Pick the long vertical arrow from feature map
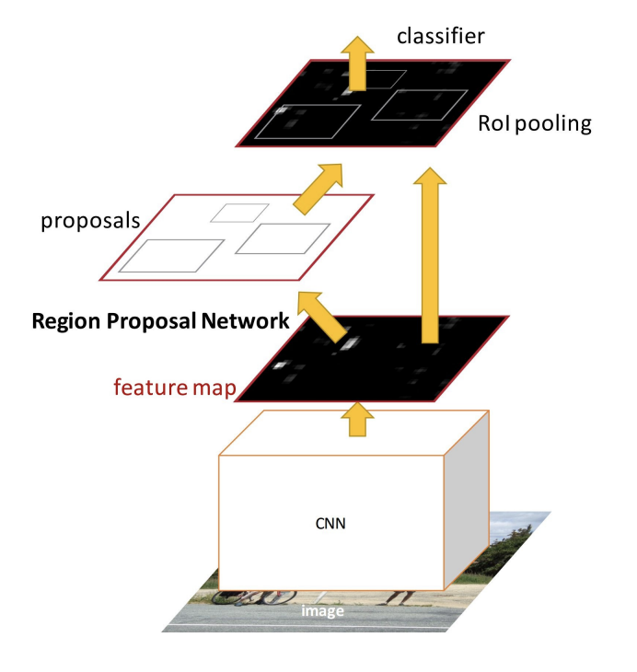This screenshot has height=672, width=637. click(x=426, y=258)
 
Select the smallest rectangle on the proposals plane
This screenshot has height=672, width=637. click(x=239, y=213)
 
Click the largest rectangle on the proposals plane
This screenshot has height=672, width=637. click(x=172, y=255)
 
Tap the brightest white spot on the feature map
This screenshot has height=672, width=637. click(x=350, y=345)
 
